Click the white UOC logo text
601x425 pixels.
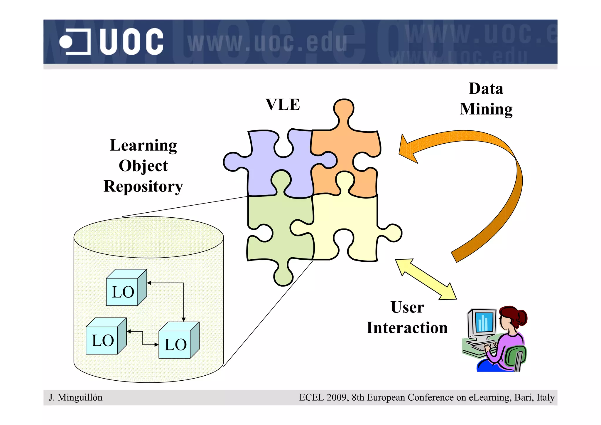[x=131, y=42]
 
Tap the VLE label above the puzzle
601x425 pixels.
[x=283, y=105]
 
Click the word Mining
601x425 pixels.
[x=486, y=109]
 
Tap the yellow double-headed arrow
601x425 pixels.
[x=426, y=279]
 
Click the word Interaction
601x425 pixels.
[x=407, y=328]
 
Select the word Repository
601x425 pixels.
[x=143, y=187]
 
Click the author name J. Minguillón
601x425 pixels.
[x=76, y=397]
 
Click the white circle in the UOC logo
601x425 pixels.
[x=66, y=42]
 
